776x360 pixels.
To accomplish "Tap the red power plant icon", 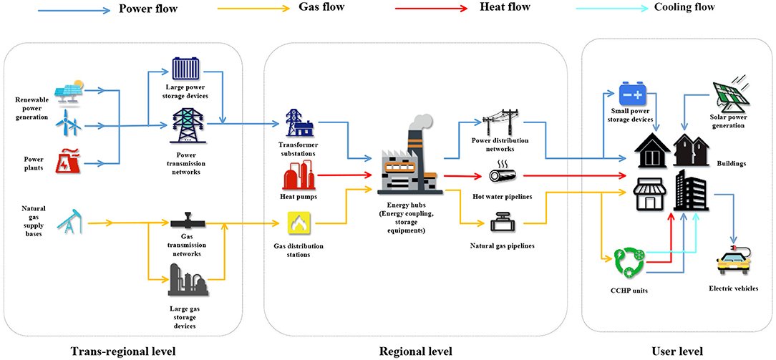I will [69, 162].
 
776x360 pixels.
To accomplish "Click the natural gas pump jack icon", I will [72, 220].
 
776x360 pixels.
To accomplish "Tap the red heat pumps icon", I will [299, 175].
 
